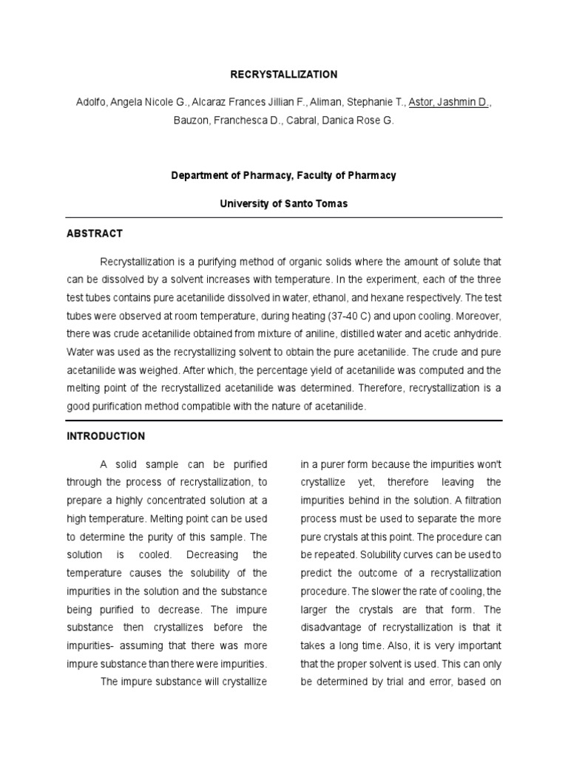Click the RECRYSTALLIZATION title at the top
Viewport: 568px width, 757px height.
284,75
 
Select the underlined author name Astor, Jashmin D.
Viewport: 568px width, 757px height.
449,103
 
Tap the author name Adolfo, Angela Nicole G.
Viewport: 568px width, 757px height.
127,103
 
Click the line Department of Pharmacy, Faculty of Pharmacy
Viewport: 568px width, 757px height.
284,176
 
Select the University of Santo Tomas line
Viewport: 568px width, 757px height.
284,204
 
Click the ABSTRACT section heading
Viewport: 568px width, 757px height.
95,234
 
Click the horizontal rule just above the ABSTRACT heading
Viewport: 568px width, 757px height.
284,217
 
